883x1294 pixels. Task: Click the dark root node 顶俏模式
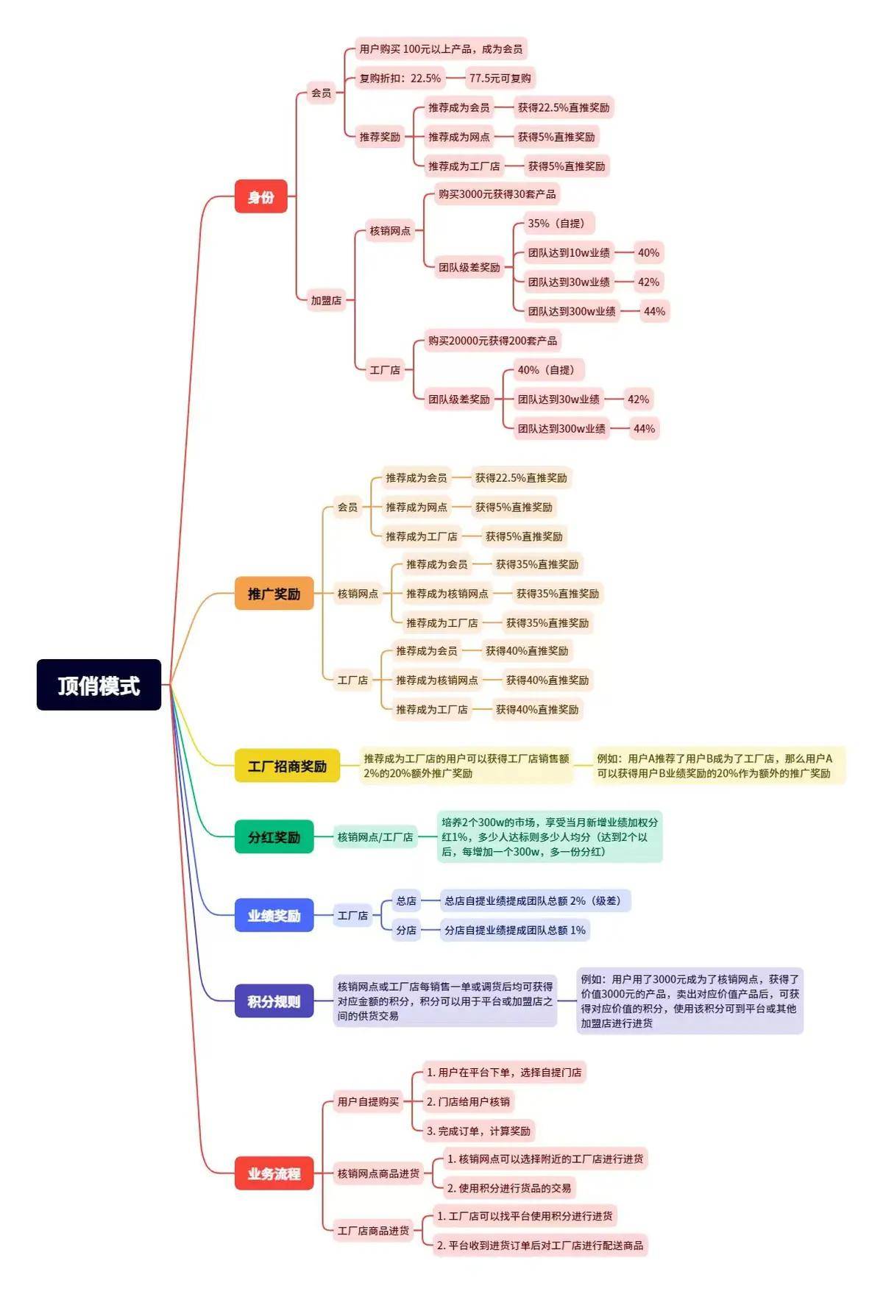(99, 685)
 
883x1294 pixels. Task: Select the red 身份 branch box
(260, 196)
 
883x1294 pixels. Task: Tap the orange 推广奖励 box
(274, 594)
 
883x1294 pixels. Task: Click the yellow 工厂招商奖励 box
(287, 766)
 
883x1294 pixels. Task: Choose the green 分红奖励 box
(274, 837)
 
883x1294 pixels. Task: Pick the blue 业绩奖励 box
(274, 916)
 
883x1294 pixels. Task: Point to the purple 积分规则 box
(274, 1001)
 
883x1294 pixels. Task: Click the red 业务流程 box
(274, 1173)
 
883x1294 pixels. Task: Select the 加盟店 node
(326, 300)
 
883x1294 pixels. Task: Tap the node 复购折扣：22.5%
(400, 78)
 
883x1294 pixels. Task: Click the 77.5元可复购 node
(500, 78)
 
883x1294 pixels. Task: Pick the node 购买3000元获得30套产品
(497, 194)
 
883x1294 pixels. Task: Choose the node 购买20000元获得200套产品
(492, 341)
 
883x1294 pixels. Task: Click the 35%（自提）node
(556, 224)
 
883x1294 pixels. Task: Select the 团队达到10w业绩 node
(568, 253)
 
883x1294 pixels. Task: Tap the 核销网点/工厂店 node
(375, 837)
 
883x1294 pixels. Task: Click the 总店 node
(405, 901)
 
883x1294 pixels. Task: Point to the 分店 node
(405, 931)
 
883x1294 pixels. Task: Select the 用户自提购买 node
(368, 1101)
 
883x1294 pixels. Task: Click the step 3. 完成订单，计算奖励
(478, 1131)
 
